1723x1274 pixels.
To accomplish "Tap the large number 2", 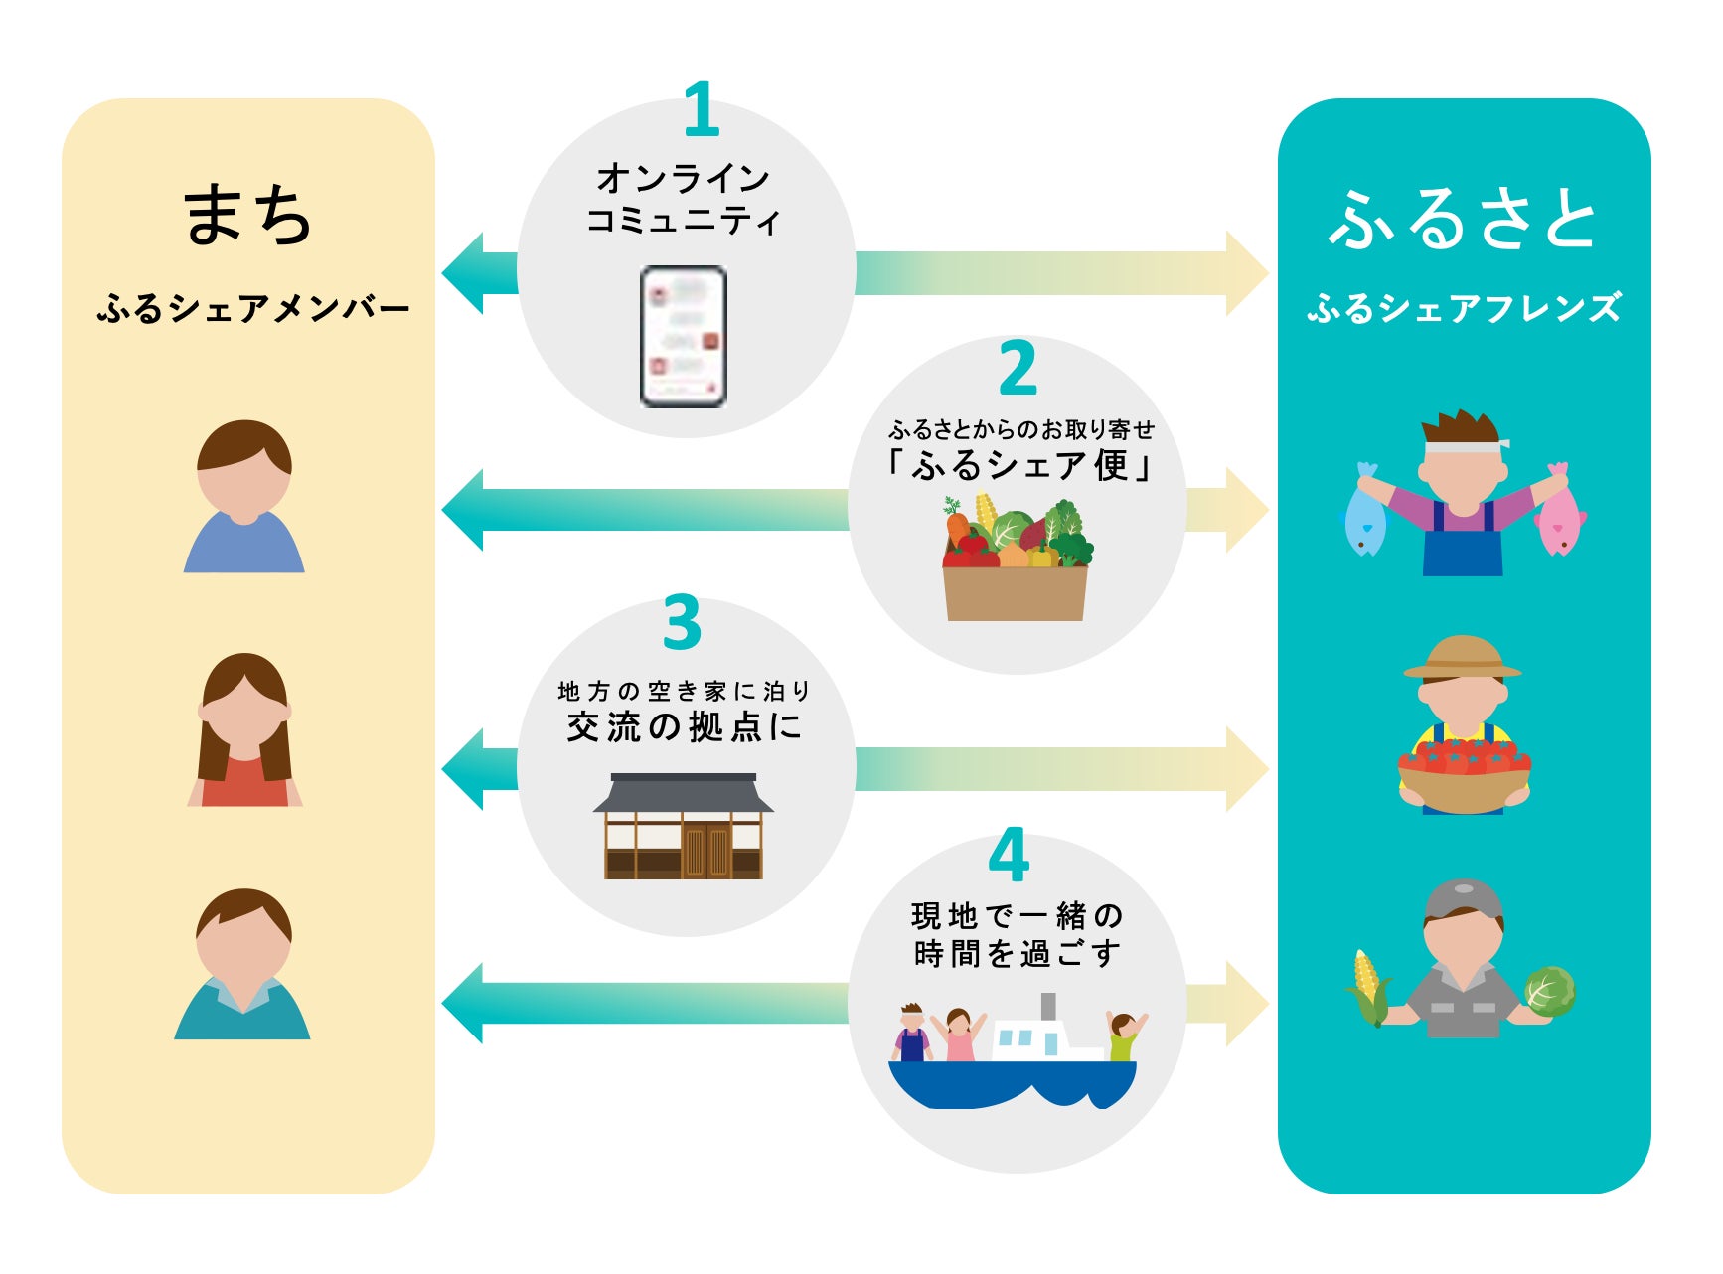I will (1018, 368).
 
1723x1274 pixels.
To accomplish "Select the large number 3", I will (683, 623).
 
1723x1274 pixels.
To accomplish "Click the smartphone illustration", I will (684, 337).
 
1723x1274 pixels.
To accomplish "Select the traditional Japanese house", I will (684, 827).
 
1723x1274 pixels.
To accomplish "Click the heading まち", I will (247, 214).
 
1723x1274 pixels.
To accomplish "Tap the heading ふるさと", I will (1463, 219).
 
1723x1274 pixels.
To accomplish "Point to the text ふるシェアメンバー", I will (252, 308).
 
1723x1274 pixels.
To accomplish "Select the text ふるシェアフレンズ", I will (1464, 308).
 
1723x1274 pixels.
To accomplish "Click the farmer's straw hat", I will (1462, 657).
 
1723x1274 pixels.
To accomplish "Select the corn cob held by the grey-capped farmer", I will (1369, 986).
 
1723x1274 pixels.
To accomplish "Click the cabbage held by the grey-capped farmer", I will (1548, 991).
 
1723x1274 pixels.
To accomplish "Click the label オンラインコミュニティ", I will (683, 199).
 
